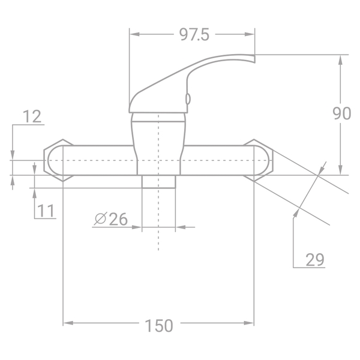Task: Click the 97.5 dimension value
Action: tap(193, 35)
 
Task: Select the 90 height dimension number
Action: tap(341, 113)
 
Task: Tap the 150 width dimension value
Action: tap(158, 326)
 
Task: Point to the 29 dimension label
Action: tap(314, 259)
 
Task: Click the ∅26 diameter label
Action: tap(111, 219)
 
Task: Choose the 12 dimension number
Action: tap(33, 116)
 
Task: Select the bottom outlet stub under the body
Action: tap(158, 182)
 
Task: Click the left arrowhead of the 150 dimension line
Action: tap(67, 323)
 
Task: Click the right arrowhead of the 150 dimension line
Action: tap(250, 323)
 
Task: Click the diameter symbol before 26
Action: tap(100, 219)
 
